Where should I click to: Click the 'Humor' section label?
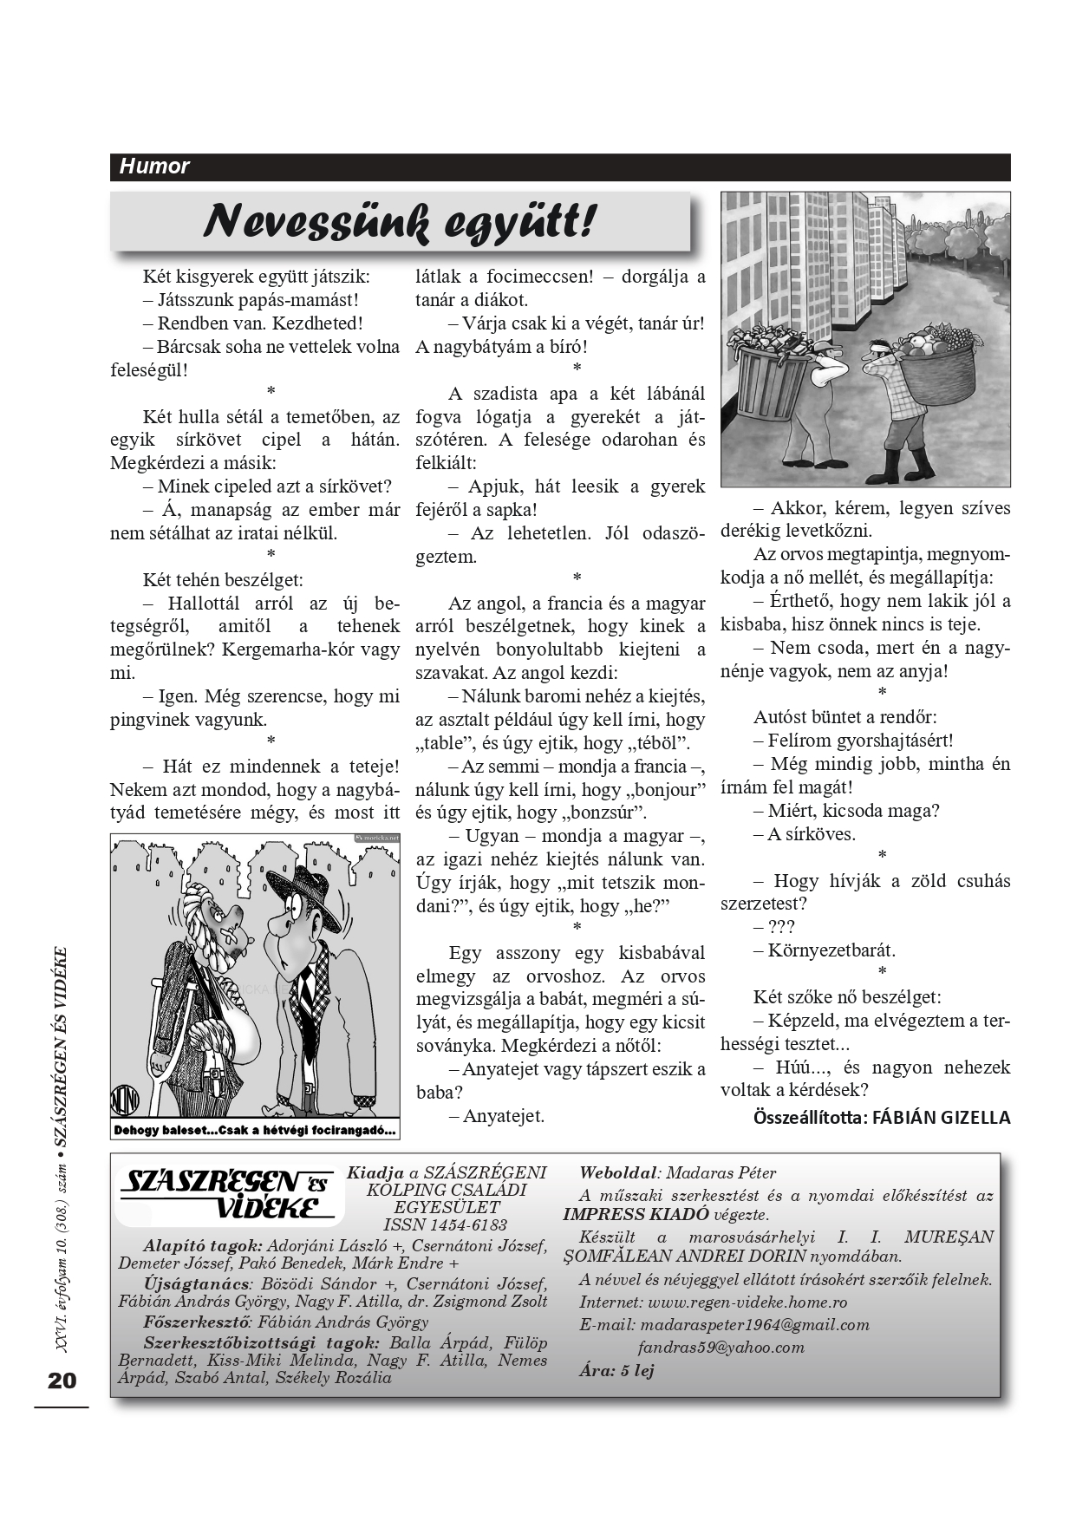coord(154,166)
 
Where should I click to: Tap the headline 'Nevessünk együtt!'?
coord(400,222)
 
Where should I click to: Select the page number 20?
coord(62,1381)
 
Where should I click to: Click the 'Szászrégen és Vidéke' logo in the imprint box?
coord(231,1194)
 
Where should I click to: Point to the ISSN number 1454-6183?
coord(446,1224)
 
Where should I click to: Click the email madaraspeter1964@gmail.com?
coord(754,1324)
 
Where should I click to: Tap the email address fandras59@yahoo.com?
coord(721,1347)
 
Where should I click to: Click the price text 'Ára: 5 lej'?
coord(616,1370)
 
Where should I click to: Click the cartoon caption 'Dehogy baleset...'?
coord(255,1130)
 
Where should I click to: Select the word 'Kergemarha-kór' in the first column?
coord(289,649)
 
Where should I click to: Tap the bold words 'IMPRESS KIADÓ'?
coord(636,1214)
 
